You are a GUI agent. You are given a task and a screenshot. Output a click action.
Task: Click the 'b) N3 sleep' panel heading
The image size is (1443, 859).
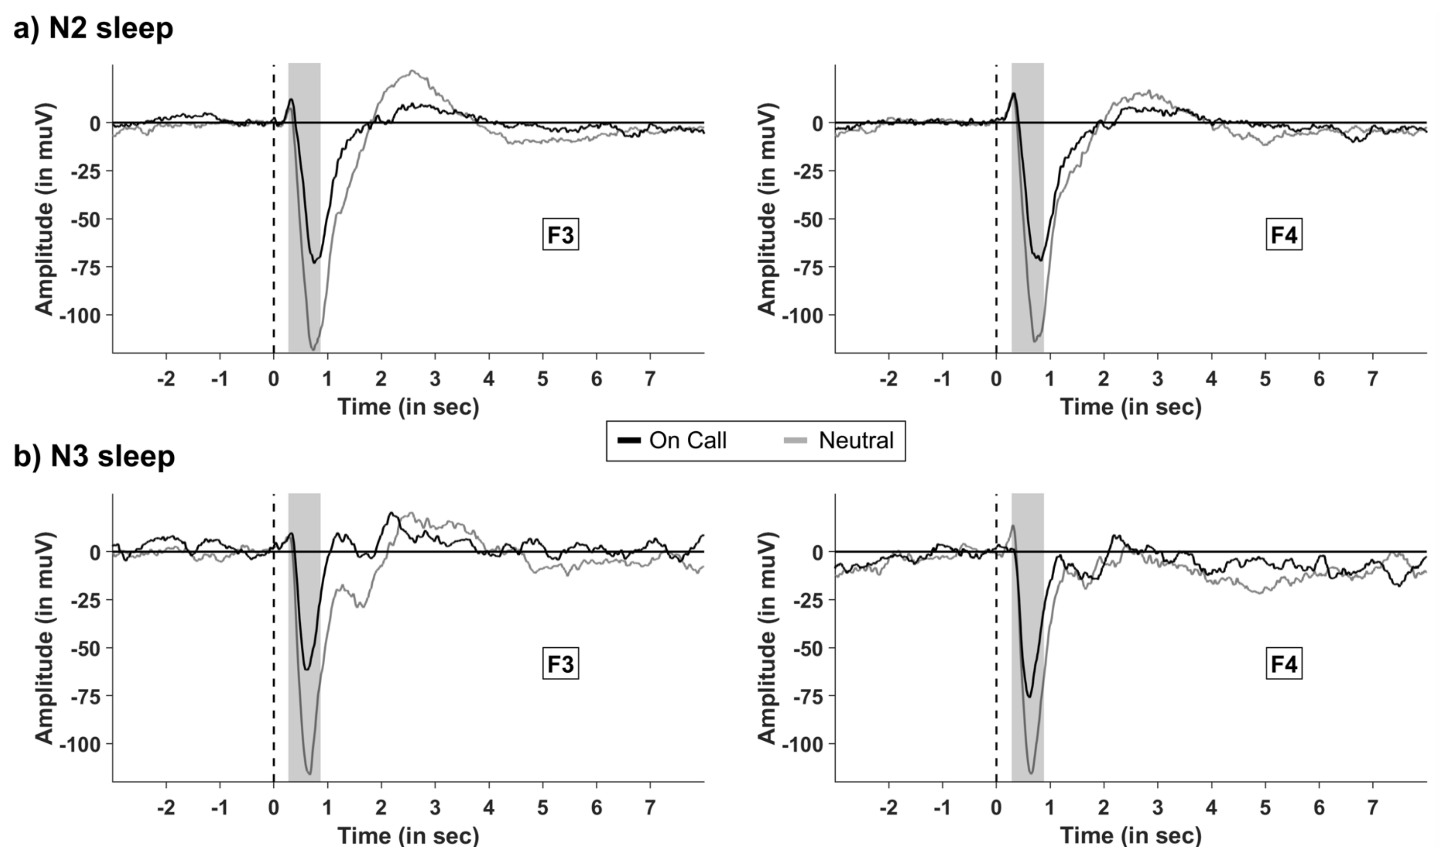pos(94,456)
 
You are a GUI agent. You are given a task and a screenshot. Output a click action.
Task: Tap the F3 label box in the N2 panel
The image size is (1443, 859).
pos(560,235)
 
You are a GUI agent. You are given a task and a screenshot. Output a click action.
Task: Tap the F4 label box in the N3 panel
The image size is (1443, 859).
pos(1284,664)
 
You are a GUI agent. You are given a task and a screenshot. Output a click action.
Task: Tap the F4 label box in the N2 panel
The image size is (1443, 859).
pos(1284,235)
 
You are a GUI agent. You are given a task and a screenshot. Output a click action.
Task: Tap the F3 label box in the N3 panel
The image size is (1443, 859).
pos(560,664)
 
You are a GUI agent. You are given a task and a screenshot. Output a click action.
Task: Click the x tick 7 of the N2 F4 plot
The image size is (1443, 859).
pos(1372,379)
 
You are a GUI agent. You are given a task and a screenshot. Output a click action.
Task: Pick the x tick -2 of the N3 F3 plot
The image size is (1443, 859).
pos(166,808)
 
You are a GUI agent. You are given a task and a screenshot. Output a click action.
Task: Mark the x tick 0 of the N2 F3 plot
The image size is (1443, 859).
pos(274,379)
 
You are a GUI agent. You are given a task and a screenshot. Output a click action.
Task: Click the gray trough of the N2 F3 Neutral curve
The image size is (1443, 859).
pos(313,349)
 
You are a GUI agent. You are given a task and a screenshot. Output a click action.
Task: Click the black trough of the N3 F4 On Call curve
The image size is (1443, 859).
pos(1029,696)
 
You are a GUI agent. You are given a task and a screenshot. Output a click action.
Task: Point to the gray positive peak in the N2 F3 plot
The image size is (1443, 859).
pos(412,71)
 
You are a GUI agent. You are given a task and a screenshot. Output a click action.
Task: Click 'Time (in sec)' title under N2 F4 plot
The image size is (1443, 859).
pos(1131,407)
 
